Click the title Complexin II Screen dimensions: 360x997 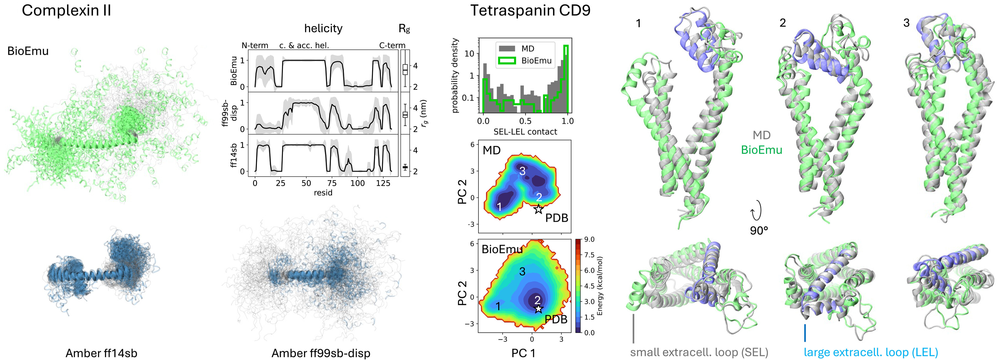point(66,11)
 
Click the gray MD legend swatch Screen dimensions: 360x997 point(507,49)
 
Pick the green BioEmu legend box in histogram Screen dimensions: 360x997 point(507,60)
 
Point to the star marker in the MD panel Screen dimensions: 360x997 point(538,209)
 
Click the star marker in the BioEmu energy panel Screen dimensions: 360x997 point(538,308)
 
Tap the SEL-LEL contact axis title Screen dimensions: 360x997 point(525,132)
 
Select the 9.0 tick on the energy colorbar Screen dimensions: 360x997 point(589,239)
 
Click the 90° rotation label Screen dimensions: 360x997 point(759,231)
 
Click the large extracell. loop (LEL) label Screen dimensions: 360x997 point(871,352)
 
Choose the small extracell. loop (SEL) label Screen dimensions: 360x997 point(699,352)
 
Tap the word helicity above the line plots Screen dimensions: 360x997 point(323,28)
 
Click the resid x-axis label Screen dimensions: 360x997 point(323,192)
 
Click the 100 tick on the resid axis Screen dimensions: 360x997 point(357,183)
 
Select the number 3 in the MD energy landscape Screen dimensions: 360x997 point(522,171)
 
